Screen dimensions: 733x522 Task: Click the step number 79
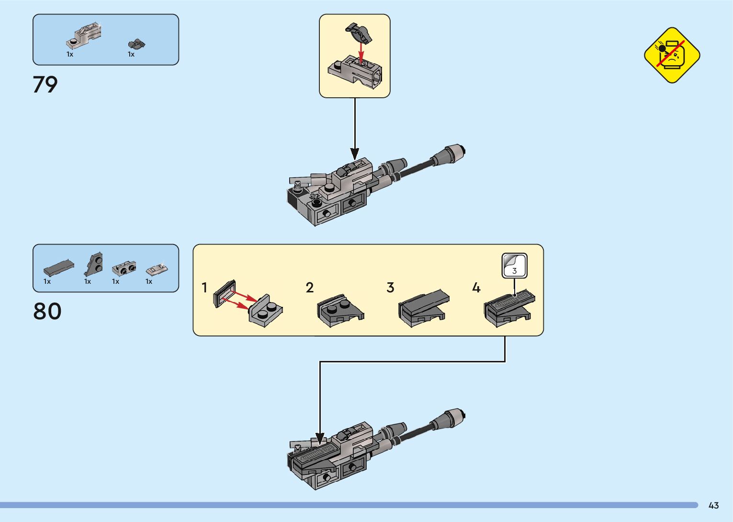pos(45,84)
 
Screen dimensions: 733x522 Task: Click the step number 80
pos(47,311)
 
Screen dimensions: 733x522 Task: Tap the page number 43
pos(713,505)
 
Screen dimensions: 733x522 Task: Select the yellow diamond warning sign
pos(672,55)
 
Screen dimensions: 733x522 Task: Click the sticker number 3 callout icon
pos(514,266)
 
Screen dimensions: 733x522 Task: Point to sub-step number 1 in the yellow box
pos(204,288)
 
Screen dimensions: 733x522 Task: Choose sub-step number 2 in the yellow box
pos(309,288)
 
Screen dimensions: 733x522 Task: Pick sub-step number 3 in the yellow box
pos(390,288)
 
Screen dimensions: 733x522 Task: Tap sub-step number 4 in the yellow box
pos(476,288)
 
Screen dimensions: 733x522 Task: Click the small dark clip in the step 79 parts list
pos(136,45)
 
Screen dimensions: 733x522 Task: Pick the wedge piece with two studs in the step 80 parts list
pos(94,264)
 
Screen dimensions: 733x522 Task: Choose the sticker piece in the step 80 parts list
pos(157,269)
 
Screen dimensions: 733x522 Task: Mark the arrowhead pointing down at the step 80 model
pos(320,439)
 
